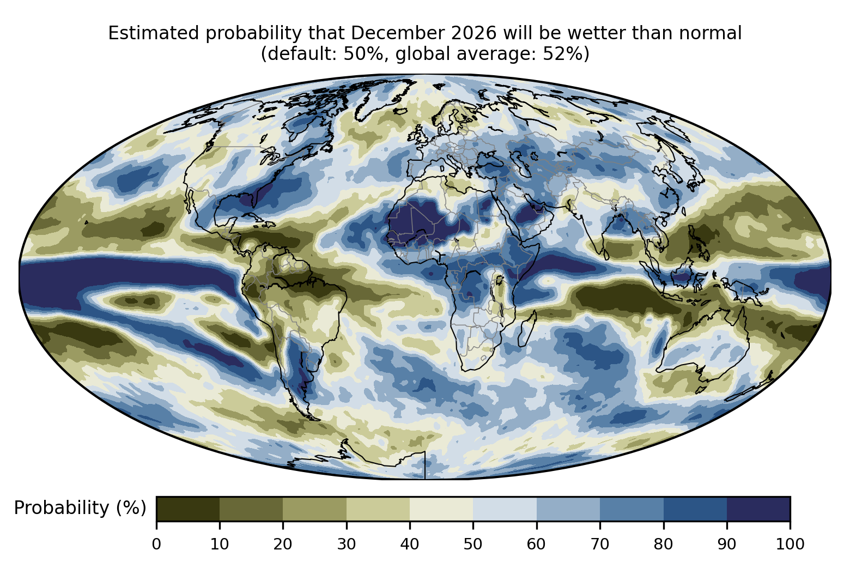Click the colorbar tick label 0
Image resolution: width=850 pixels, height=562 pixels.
tap(156, 545)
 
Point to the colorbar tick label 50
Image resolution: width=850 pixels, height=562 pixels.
tap(473, 545)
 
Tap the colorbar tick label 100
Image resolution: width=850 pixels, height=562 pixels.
tap(790, 545)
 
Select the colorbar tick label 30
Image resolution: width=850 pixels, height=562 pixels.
tap(347, 545)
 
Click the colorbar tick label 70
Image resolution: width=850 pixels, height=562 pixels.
tap(600, 545)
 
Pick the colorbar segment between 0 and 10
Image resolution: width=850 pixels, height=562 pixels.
tap(188, 509)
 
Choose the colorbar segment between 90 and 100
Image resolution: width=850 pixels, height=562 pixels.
tap(758, 509)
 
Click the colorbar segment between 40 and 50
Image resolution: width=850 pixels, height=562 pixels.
tap(441, 509)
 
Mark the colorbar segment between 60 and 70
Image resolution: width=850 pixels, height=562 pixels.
tap(568, 509)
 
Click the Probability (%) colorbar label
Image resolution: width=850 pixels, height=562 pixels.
tap(80, 508)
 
